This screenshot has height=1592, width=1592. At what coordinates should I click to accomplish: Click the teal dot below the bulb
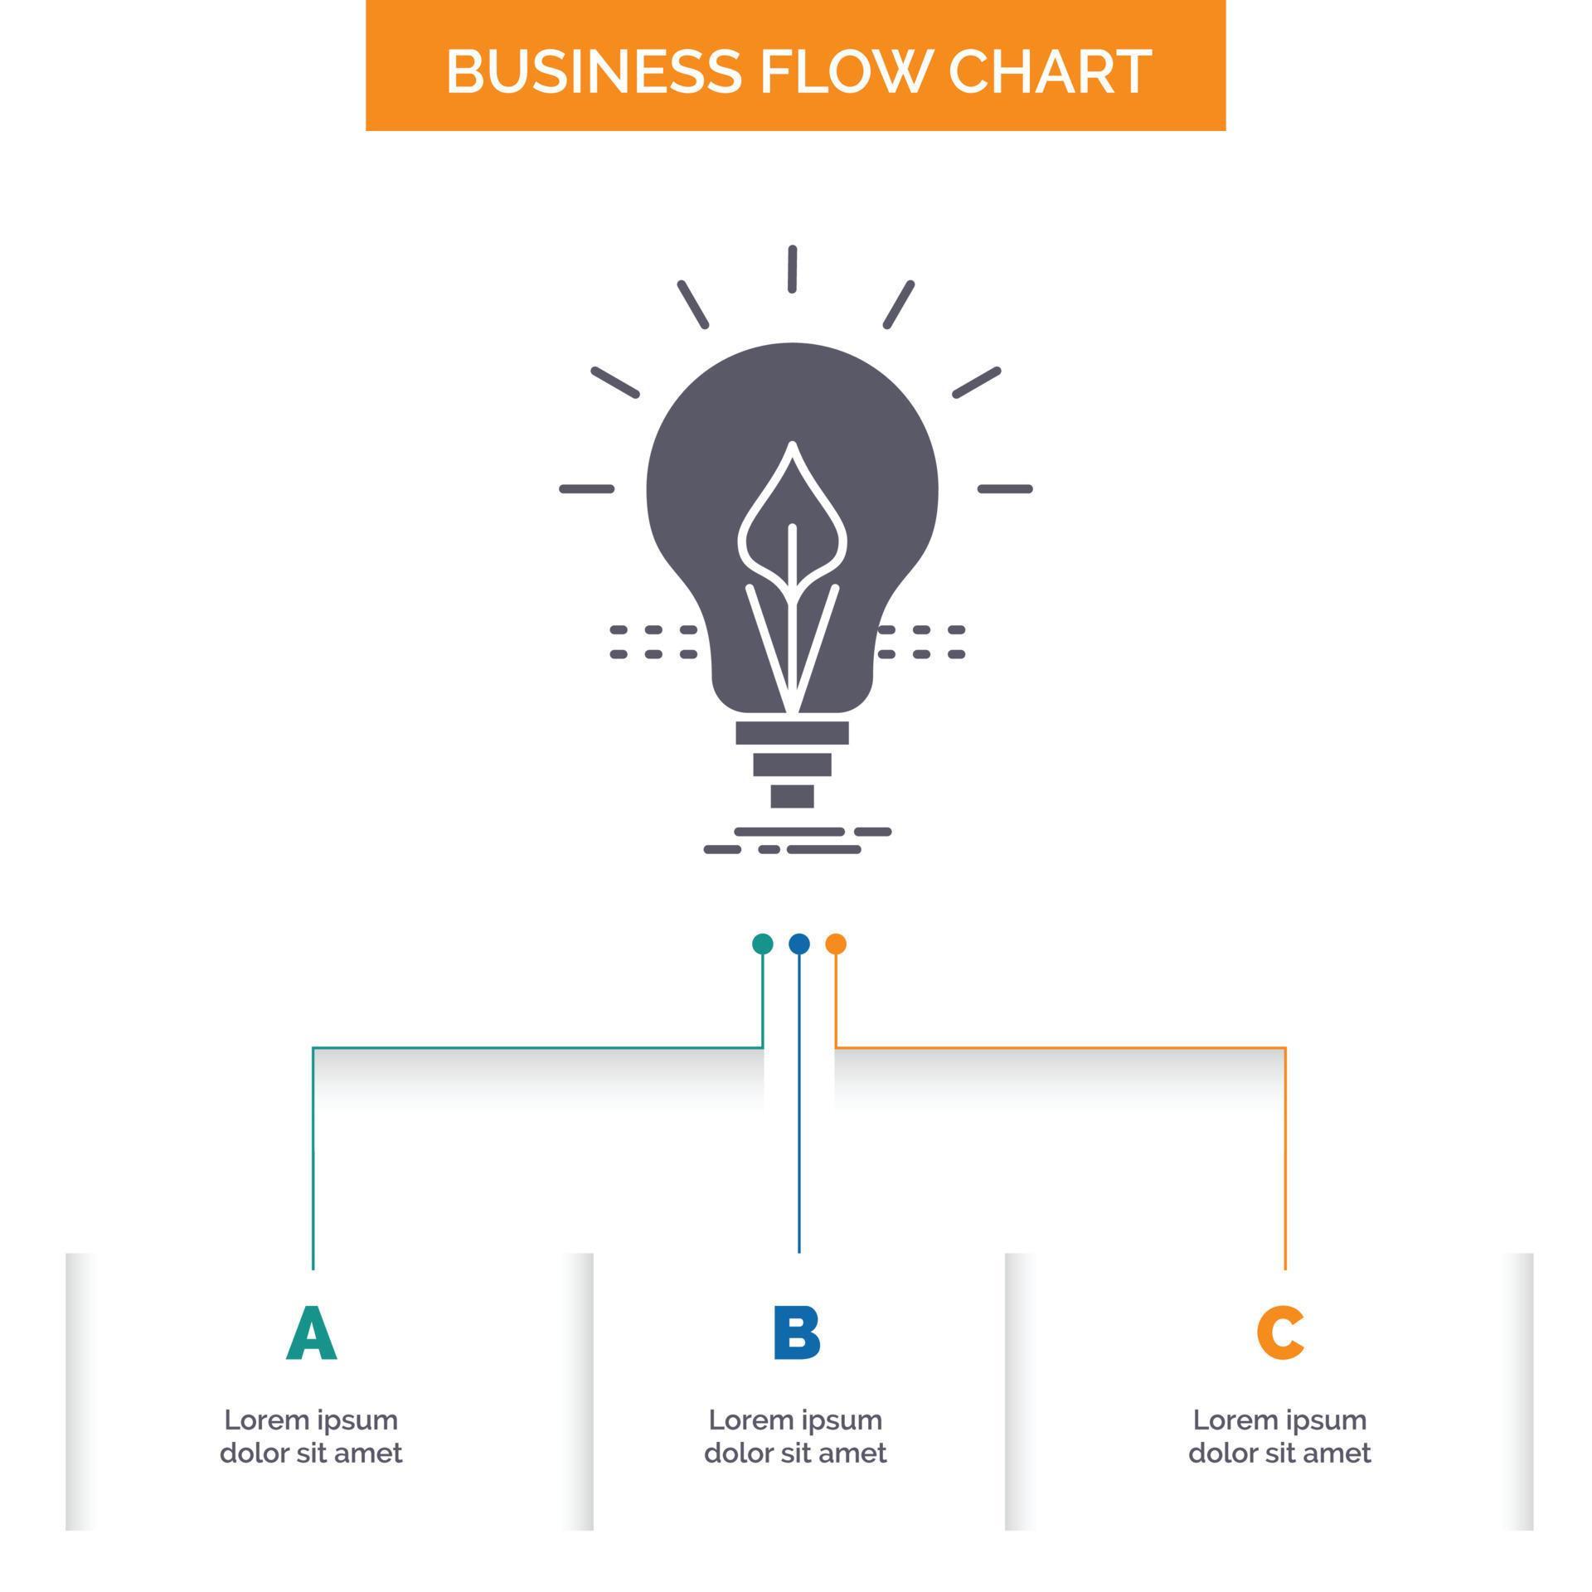pos(762,944)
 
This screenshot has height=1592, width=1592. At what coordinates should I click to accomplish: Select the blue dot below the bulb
pos(798,944)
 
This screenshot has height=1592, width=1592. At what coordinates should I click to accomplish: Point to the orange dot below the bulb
pos(836,944)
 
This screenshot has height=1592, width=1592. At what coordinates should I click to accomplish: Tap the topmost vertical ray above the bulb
pos(793,269)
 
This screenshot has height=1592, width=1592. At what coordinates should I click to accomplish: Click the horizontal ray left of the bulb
pos(587,489)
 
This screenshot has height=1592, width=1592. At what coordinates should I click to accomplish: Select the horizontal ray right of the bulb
pos(1005,489)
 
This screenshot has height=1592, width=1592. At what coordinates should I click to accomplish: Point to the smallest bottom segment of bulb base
pos(792,796)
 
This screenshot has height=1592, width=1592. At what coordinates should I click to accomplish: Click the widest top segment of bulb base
pos(792,732)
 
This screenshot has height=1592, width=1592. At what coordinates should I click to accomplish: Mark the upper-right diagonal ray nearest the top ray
pos(898,304)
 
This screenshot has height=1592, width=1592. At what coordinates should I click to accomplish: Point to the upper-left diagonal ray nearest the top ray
pos(693,304)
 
